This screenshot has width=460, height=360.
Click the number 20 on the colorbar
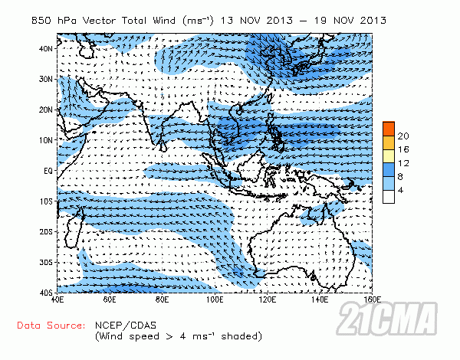403,135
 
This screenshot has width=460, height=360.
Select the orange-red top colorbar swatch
389,128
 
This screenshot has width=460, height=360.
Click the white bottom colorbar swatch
389,196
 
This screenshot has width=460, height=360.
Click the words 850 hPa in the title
62,18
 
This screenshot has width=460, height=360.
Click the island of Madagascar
74,227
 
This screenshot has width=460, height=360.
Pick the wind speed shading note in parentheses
179,336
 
